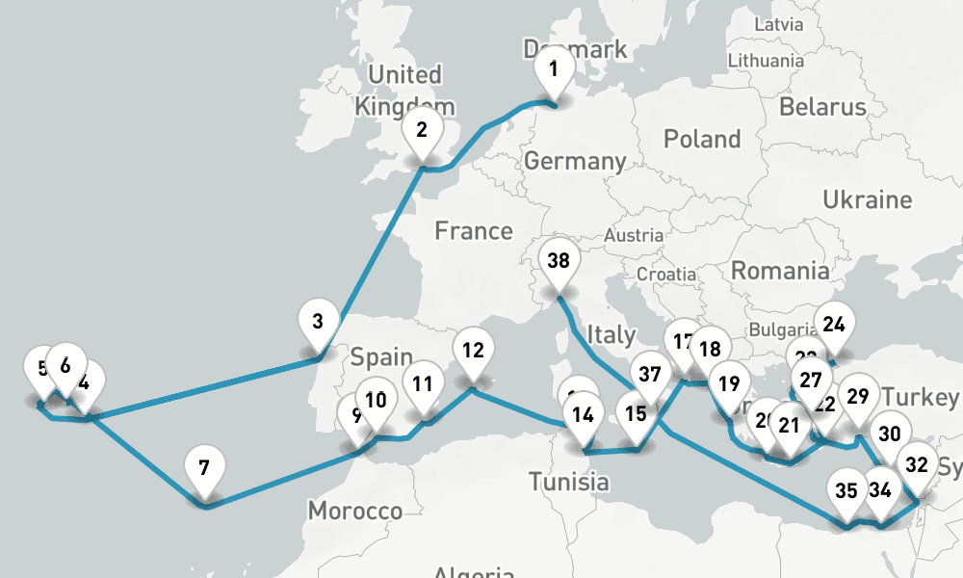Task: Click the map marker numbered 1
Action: click(553, 69)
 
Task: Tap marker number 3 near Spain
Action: click(319, 320)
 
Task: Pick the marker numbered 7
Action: click(203, 468)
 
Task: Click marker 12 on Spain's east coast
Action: click(472, 350)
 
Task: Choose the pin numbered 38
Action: click(558, 260)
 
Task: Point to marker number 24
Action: click(834, 324)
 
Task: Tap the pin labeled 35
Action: click(846, 489)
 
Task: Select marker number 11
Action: click(422, 383)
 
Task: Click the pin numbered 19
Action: click(729, 383)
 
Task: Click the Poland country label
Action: click(702, 139)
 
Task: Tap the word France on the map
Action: click(473, 230)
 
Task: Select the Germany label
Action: click(575, 161)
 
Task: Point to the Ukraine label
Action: click(867, 199)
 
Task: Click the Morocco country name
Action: click(354, 511)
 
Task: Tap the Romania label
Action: click(779, 271)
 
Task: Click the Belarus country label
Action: click(822, 105)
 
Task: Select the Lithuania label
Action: click(766, 60)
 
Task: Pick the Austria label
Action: click(634, 234)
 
